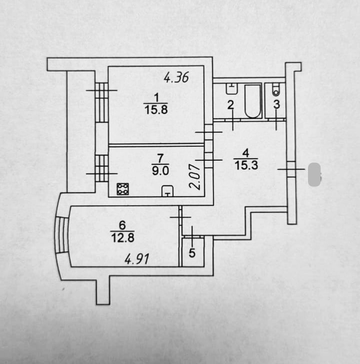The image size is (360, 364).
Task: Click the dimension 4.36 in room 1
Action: [x=176, y=78]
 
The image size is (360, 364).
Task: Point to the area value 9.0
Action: [x=160, y=170]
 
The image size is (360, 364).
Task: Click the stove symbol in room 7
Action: [x=122, y=189]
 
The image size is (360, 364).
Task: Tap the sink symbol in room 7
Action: [x=167, y=191]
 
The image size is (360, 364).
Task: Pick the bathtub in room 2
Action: [x=253, y=101]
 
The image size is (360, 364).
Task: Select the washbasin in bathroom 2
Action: [x=231, y=89]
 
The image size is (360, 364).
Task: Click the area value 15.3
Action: [x=246, y=165]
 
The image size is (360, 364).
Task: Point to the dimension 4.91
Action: [x=137, y=259]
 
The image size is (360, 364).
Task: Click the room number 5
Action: [x=192, y=253]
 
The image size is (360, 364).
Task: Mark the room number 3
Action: [x=276, y=104]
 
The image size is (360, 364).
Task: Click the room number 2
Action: [x=230, y=105]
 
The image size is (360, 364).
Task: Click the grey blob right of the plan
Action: [x=314, y=175]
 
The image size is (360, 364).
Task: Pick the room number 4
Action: [x=245, y=153]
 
